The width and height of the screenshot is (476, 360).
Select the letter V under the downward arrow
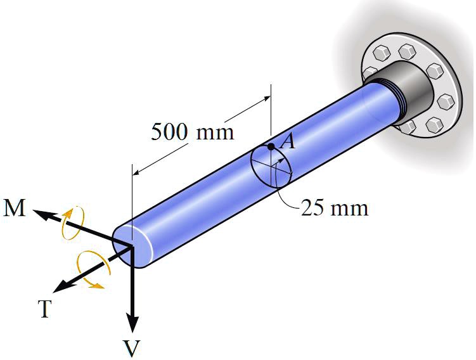pyautogui.click(x=132, y=347)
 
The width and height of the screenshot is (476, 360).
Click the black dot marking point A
pyautogui.click(x=271, y=147)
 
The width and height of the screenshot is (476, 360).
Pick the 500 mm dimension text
pyautogui.click(x=192, y=132)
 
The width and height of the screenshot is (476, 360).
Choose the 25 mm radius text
pyautogui.click(x=334, y=207)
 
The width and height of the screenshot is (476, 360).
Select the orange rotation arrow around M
pyautogui.click(x=71, y=222)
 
